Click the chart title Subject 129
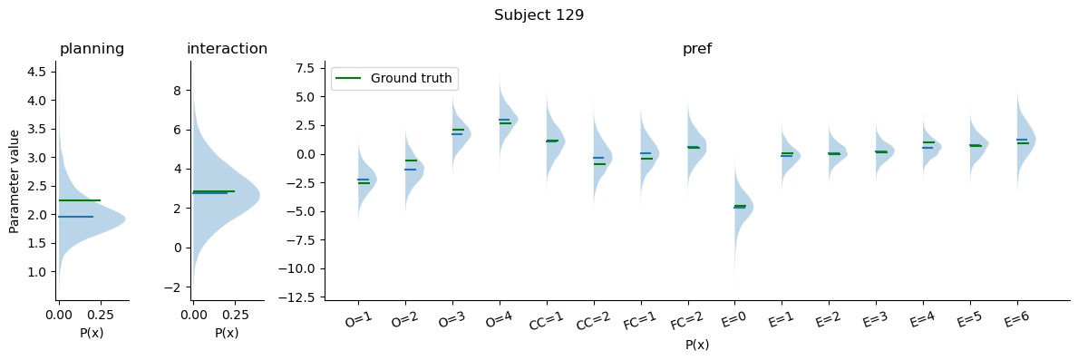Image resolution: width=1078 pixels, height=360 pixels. tap(539, 15)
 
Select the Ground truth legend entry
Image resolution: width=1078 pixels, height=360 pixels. tap(394, 78)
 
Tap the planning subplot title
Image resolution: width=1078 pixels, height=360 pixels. tap(92, 49)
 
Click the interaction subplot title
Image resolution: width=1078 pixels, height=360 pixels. tap(227, 49)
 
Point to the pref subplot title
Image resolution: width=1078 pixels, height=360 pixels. tap(697, 49)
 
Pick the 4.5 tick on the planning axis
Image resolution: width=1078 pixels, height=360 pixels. tap(40, 73)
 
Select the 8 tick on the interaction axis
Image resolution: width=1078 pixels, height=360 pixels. tap(177, 91)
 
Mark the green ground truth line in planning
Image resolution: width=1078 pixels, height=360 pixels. tap(80, 200)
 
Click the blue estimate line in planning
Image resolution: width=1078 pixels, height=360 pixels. tap(76, 217)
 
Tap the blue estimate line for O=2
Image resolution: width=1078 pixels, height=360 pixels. tap(410, 170)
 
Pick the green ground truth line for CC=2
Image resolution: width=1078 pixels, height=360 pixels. tap(600, 164)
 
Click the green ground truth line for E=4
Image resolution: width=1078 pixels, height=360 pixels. tap(928, 142)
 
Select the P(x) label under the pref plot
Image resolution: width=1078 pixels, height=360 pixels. tap(697, 345)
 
